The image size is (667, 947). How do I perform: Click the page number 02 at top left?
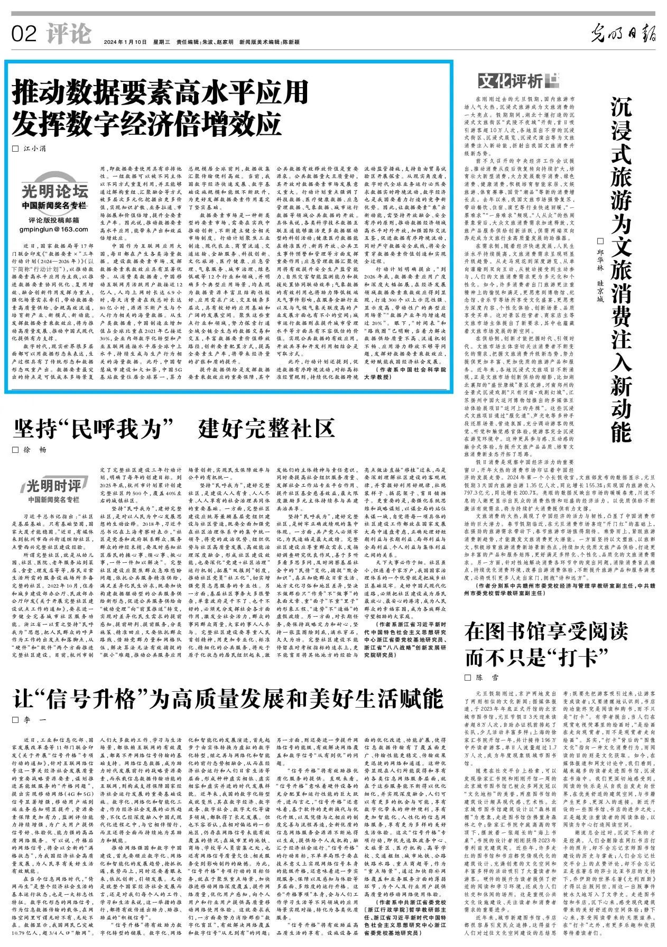tap(24, 34)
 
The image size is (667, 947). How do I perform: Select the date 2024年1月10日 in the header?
tap(125, 42)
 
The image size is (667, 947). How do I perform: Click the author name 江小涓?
tap(35, 149)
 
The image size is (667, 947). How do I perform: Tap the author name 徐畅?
tap(35, 450)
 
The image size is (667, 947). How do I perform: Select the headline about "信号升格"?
tap(228, 699)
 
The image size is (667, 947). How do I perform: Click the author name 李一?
tap(35, 720)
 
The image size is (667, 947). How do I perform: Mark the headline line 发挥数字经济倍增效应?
tap(147, 123)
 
